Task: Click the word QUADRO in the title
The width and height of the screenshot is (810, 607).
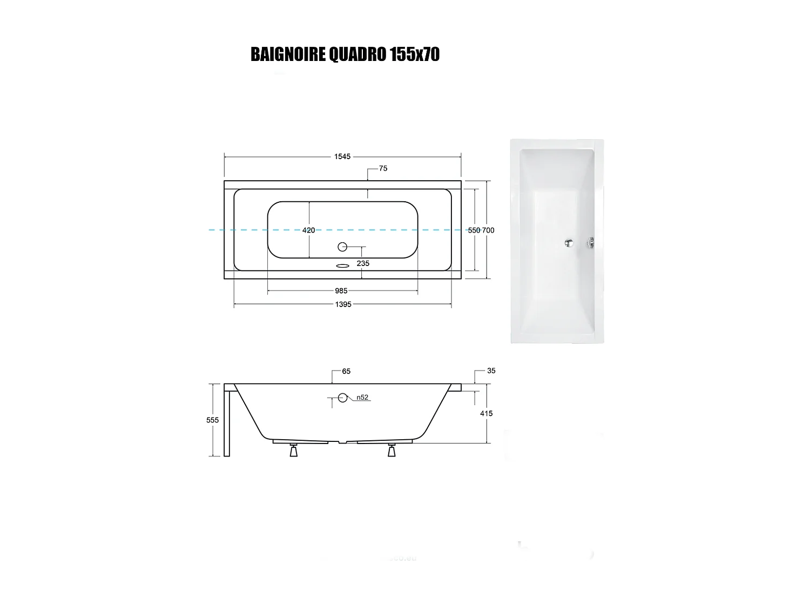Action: coord(357,54)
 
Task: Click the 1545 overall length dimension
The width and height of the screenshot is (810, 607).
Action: coord(342,156)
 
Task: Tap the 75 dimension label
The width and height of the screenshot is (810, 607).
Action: coord(383,168)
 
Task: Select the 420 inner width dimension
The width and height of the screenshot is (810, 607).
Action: coord(308,230)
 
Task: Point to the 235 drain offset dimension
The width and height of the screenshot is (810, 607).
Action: coord(363,263)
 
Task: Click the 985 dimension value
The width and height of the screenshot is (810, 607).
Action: coord(341,291)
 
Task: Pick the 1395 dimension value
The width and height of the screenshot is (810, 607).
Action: coord(343,304)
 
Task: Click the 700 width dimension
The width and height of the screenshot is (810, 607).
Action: coord(488,230)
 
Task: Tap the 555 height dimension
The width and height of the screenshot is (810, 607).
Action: coord(213,420)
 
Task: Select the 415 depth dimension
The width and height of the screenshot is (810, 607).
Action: coord(486,413)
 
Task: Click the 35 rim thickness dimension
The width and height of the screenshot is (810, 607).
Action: coord(491,371)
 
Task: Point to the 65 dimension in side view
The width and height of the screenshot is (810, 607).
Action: coord(346,371)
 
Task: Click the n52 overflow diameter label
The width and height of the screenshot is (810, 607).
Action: coord(362,398)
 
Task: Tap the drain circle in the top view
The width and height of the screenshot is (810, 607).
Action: coord(342,247)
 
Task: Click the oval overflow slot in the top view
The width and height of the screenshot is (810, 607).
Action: coord(342,265)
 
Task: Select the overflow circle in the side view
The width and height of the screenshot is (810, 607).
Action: coord(342,398)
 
